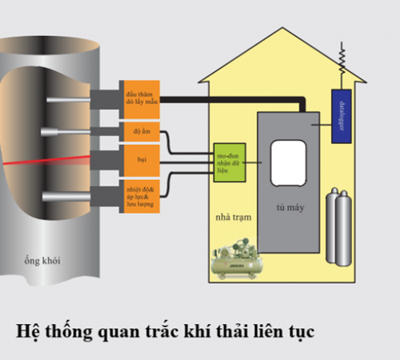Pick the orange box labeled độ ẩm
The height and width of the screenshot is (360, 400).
[x=141, y=132]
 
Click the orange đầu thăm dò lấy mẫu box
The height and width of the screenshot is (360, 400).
[x=141, y=98]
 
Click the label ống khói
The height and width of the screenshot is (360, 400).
[x=40, y=260]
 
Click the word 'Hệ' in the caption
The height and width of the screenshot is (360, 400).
[x=29, y=329]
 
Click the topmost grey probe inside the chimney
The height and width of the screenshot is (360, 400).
[x=71, y=100]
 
